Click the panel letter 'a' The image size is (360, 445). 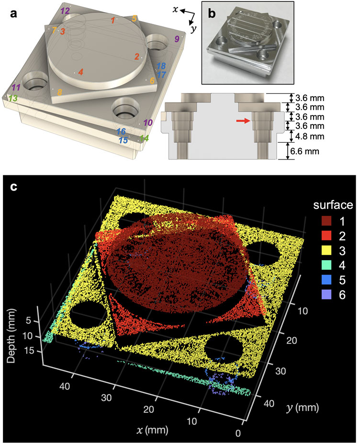click(x=13, y=13)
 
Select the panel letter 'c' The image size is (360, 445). click(x=13, y=188)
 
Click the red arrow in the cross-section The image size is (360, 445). click(x=243, y=121)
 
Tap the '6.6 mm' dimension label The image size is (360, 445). click(x=304, y=151)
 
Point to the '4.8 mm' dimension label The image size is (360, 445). click(x=310, y=136)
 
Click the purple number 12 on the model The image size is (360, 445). click(x=65, y=11)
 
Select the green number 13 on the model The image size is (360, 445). click(x=13, y=99)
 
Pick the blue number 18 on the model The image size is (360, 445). click(x=161, y=66)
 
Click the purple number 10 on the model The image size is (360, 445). click(x=148, y=123)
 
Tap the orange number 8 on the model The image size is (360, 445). click(x=59, y=92)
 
